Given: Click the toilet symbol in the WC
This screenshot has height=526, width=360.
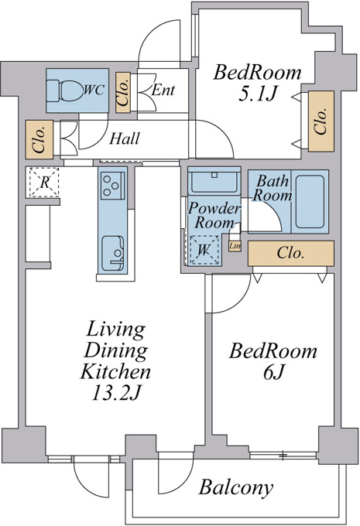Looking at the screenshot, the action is pos(64,90).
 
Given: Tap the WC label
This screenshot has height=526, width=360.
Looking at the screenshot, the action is pos(94,90).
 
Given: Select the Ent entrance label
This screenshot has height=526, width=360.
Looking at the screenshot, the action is pos(163,90).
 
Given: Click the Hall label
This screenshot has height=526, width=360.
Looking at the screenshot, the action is pos(125,138).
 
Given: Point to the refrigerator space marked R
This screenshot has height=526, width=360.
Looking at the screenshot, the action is pos(44,183).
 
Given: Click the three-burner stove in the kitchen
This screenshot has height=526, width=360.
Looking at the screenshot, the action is pos(112,186).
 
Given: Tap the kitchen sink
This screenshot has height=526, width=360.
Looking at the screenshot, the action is pos(112,253).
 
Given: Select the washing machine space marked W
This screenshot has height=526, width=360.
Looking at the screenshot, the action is pos(204,250).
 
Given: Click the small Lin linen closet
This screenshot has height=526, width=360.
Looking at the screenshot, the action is pos(235,246).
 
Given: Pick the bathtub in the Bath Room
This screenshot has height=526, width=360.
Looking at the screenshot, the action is pos(310,202).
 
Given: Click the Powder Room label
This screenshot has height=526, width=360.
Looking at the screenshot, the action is pos(214,215).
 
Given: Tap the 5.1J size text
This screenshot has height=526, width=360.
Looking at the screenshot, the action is pos(257,94).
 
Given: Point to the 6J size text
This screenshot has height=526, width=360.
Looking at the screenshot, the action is pos(274,372).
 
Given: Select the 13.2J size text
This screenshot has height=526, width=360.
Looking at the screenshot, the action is pos(115,393).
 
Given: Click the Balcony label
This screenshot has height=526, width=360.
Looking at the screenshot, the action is pos(236,487).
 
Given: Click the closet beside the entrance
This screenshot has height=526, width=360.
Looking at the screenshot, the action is pos(123,93).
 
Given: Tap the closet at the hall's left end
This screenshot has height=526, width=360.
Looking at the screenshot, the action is pos(39,139).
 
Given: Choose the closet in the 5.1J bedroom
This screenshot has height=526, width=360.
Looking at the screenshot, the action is pos(321,121).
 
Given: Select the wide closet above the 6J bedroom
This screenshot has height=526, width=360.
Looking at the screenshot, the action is pos(291,253).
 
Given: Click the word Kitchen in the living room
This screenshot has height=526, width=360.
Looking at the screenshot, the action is pos(115,371).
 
